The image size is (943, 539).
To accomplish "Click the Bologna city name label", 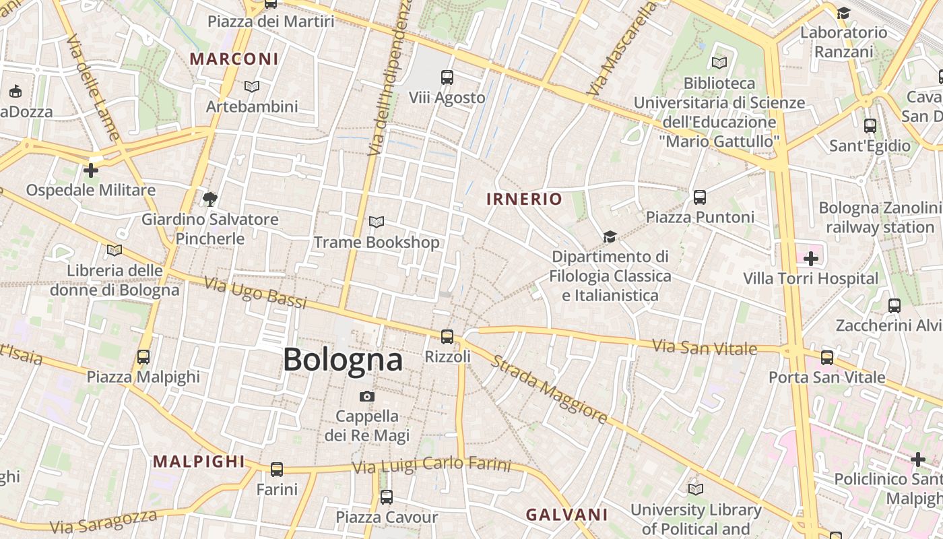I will coord(343,359).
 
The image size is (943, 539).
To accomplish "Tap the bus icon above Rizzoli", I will coord(447,336).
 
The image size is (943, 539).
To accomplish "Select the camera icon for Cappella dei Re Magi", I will coord(366,396).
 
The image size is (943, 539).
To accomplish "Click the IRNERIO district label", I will coord(524,199).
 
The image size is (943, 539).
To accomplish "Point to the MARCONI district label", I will coord(234,59).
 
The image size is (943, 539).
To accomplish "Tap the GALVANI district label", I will coord(566,515).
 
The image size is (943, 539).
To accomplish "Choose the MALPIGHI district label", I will coord(199,462).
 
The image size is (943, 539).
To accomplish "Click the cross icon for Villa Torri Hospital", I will coord(811,258).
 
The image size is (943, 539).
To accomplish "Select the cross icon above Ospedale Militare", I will coord(90,170).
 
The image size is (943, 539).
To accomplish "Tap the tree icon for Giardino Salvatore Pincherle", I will coord(210,199).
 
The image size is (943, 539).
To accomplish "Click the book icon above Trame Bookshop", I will coord(377,222).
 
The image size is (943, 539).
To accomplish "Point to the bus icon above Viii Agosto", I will coord(447,77).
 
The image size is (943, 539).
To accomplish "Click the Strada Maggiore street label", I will coord(548,389).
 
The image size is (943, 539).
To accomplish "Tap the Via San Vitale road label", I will coord(715,348).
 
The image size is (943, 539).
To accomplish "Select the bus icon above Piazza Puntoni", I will coord(700,197).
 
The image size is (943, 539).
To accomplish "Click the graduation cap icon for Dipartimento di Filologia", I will coord(610,236).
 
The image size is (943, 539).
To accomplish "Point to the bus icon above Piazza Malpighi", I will coord(143,356).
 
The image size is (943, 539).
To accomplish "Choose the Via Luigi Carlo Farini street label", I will coord(432,465).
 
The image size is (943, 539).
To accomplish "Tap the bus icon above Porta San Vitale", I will coord(827,357).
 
